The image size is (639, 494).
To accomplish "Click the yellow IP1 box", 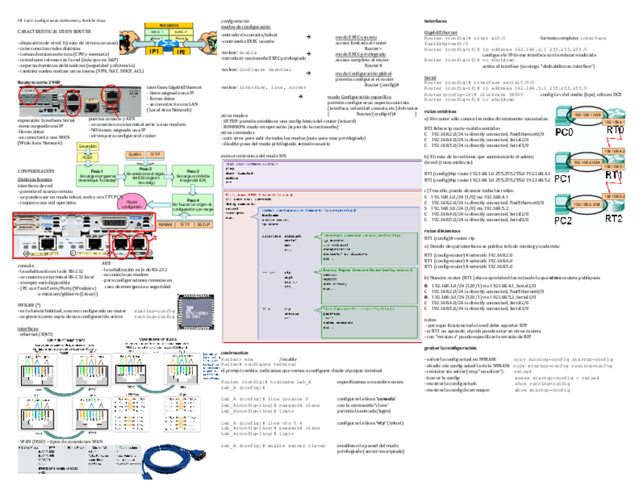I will click(x=154, y=51).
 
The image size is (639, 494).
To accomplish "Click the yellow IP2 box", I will click(x=181, y=51).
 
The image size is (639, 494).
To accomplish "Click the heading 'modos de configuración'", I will click(x=243, y=26).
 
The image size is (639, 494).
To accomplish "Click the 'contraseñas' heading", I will click(x=235, y=353).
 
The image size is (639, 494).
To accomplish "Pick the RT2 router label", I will click(x=612, y=218).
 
